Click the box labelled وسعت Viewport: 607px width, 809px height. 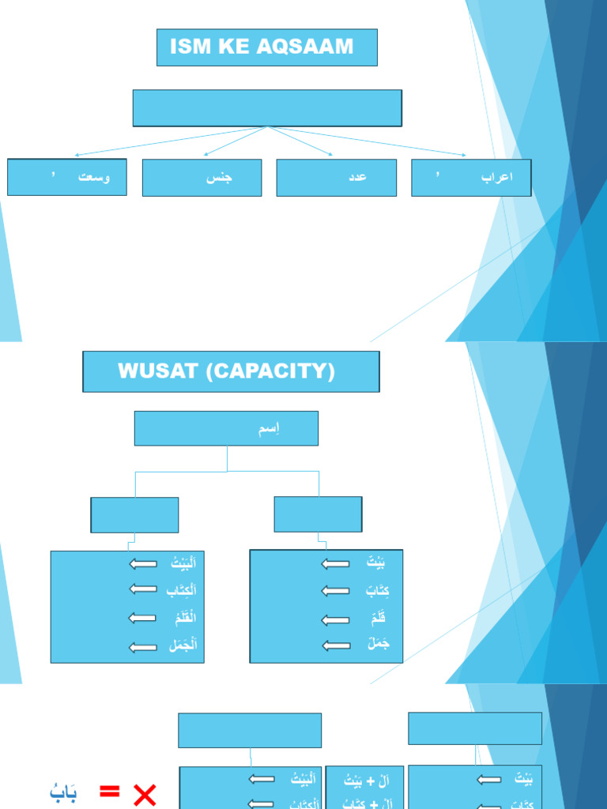point(67,177)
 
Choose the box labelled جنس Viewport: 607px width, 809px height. point(202,178)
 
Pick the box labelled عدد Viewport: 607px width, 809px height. point(337,178)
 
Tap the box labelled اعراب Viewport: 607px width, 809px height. point(471,178)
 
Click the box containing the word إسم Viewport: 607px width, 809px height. point(226,428)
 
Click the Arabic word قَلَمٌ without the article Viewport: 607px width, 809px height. point(376,619)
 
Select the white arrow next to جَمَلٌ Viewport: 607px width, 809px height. point(336,645)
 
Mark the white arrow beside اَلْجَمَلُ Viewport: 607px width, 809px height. point(143,647)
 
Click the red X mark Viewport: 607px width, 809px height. point(145,793)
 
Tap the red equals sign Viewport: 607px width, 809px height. point(109,791)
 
